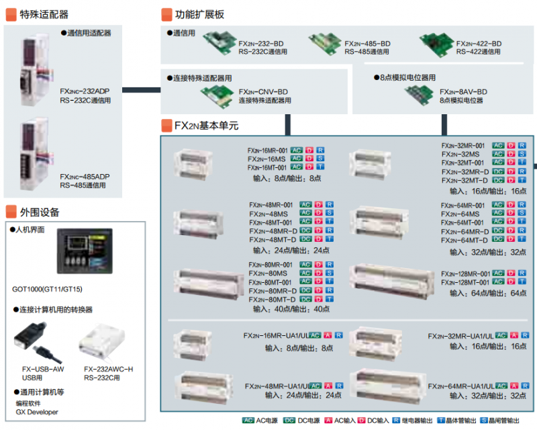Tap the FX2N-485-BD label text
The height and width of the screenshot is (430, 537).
[367, 44]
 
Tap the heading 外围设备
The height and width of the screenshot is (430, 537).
[40, 212]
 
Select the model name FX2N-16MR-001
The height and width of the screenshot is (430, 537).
[267, 150]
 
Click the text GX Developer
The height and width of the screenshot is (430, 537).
[37, 412]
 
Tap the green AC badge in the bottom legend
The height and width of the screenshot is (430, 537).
[248, 421]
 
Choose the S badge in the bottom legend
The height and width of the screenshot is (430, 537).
[484, 421]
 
